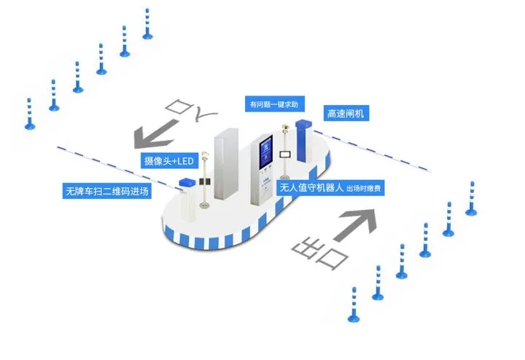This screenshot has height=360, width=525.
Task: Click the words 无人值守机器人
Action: pos(311,188)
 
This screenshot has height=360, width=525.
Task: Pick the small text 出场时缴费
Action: pos(366,189)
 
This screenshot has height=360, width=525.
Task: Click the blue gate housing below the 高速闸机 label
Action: pos(303,135)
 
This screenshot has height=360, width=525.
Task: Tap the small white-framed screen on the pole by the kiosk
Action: pos(287,154)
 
